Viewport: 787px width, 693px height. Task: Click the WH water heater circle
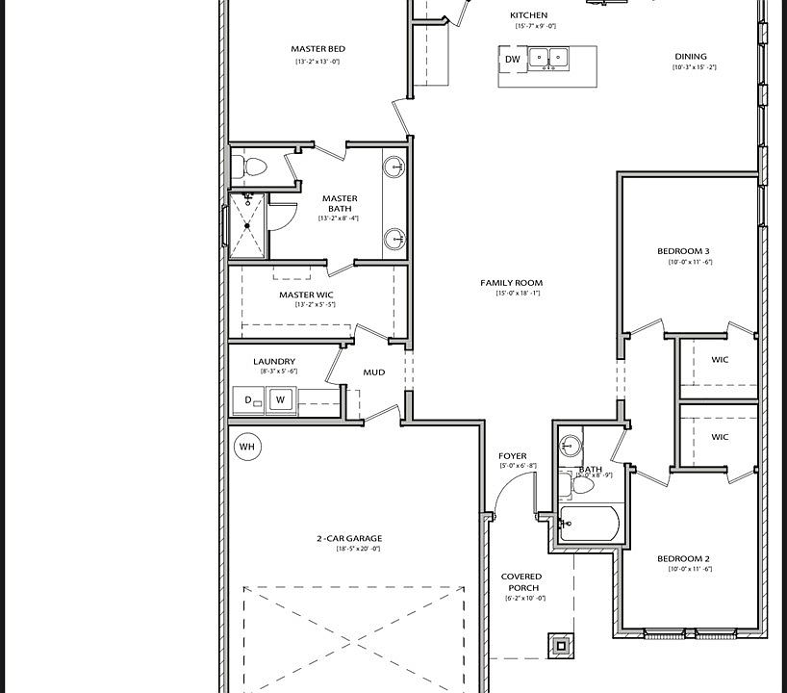click(247, 447)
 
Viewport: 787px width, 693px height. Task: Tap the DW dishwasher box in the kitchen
click(512, 60)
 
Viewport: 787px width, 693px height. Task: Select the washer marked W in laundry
click(281, 399)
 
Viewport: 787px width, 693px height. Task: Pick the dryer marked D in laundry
click(249, 399)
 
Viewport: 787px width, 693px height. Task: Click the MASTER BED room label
click(317, 49)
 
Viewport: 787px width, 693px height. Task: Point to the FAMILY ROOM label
click(512, 283)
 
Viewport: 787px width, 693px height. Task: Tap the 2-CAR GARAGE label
click(349, 539)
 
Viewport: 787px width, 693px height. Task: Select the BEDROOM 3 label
click(683, 251)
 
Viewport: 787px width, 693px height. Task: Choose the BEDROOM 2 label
click(683, 558)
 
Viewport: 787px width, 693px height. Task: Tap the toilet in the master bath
click(254, 167)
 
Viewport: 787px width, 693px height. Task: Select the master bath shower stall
click(246, 225)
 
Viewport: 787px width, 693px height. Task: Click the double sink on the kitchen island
click(548, 58)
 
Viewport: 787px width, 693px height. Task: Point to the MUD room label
click(373, 372)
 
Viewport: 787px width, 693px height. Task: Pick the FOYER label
click(512, 456)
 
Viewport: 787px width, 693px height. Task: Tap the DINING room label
click(690, 57)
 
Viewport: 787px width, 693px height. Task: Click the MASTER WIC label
click(307, 295)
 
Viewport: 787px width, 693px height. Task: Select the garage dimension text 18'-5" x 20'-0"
click(358, 550)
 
